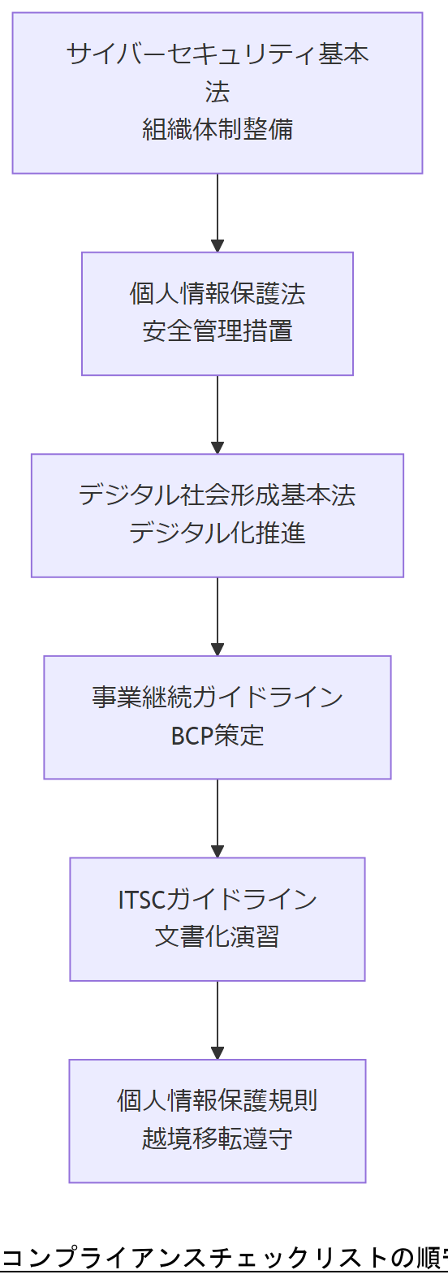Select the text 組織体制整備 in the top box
[218, 129]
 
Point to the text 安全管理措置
[218, 331]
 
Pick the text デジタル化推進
[218, 534]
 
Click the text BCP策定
[218, 736]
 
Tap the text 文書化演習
[218, 937]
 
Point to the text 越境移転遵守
[218, 1139]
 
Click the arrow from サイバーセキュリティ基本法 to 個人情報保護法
[218, 213]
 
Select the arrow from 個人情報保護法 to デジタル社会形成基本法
[218, 414]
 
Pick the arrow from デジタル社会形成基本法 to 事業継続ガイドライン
[218, 616]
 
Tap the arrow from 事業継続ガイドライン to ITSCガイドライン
[218, 818]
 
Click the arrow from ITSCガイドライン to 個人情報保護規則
[218, 1020]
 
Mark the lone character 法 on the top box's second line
[218, 92]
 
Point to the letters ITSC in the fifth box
[141, 900]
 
